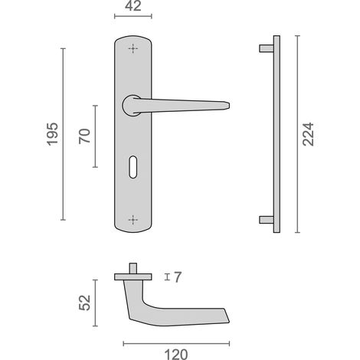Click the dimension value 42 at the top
[x=133, y=6]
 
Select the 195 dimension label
[x=52, y=134]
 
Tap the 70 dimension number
[x=84, y=136]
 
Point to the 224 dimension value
[x=308, y=134]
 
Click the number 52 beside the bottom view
[x=84, y=303]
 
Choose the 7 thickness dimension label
[x=178, y=277]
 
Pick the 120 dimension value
[x=176, y=355]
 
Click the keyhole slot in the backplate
[x=133, y=167]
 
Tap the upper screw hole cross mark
[x=133, y=48]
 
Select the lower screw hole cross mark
[x=133, y=220]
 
